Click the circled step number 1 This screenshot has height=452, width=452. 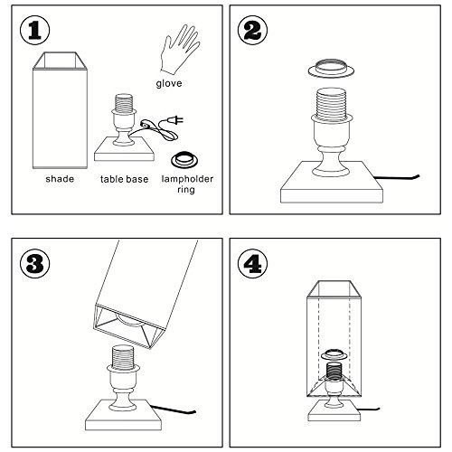35,31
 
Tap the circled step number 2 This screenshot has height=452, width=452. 252,31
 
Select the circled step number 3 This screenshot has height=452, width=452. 35,263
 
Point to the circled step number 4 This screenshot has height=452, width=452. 252,263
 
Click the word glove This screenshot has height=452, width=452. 169,83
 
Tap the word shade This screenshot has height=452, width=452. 60,179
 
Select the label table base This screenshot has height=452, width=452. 124,179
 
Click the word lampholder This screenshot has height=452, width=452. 187,179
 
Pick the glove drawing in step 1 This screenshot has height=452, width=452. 180,50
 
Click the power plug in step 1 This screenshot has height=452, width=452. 175,121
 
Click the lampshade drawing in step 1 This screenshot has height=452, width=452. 60,110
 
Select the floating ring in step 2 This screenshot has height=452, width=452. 331,68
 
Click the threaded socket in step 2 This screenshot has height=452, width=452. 331,102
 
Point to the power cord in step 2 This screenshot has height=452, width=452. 397,178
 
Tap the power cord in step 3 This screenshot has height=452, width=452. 173,410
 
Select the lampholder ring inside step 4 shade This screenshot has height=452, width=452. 334,354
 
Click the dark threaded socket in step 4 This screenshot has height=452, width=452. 334,371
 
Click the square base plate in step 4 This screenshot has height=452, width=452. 334,410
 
